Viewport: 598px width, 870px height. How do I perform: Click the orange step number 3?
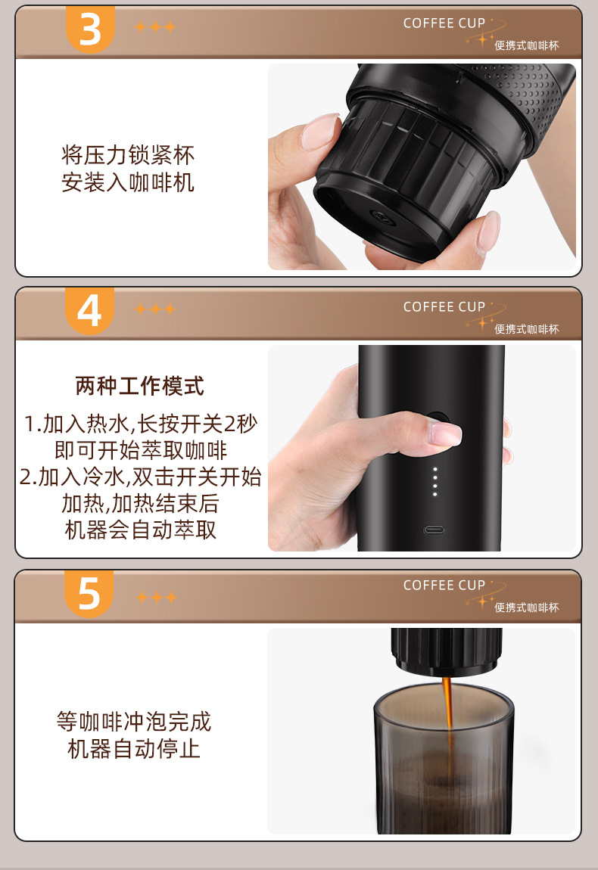coord(91,29)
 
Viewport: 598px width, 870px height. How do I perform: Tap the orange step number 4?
coord(89,311)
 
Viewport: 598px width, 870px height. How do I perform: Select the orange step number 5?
coord(89,593)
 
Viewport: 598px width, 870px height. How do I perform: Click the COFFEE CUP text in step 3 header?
coord(444,23)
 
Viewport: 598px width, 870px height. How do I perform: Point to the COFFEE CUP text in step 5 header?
coord(444,586)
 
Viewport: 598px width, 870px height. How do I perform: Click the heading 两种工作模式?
coord(140,386)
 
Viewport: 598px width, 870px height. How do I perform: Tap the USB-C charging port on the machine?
coord(434,530)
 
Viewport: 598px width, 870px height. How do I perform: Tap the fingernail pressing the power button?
coord(445,432)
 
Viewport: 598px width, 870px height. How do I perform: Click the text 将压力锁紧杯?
coord(128,155)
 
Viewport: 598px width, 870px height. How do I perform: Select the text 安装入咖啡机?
coord(128,182)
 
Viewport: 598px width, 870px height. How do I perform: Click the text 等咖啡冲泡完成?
coord(134,722)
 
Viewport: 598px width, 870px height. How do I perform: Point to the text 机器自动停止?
coord(134,749)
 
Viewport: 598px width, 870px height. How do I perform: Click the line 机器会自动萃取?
coord(141,530)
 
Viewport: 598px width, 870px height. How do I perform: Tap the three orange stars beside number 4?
coord(155,309)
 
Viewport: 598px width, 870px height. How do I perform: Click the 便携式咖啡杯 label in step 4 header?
coord(527,329)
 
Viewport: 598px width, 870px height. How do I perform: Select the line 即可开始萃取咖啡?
coord(141,450)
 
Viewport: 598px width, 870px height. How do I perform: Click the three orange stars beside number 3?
coord(155,26)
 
